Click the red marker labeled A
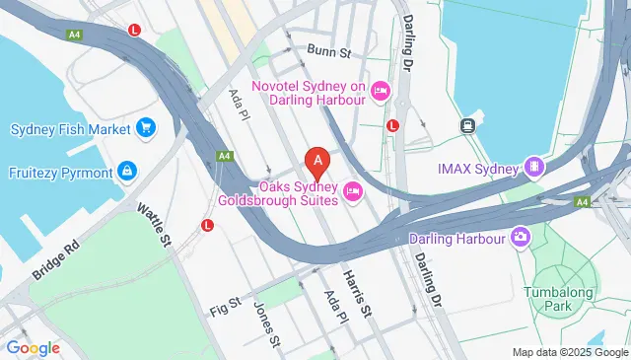[x=316, y=159]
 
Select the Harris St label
[x=356, y=293]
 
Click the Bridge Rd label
[x=54, y=258]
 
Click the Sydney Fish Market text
[x=71, y=129]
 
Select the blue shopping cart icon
[x=146, y=128]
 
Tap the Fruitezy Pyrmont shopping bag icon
[x=126, y=172]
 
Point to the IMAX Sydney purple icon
[x=534, y=168]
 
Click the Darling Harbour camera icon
[x=521, y=237]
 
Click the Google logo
[x=34, y=348]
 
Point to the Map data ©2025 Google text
[x=570, y=352]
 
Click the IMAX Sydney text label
[x=478, y=169]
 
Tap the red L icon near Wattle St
[x=207, y=225]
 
